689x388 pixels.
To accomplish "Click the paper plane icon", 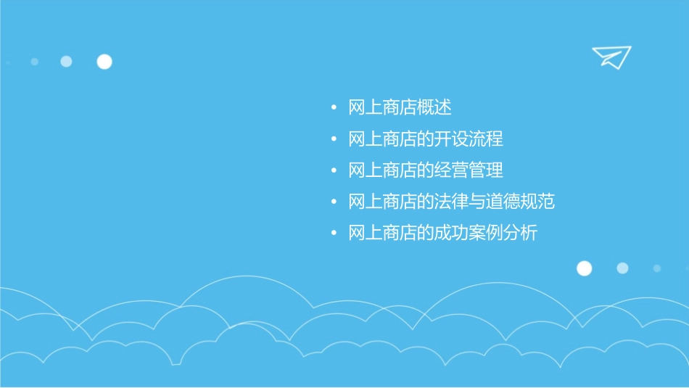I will (x=611, y=57).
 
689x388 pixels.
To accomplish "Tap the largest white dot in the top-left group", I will (x=104, y=62).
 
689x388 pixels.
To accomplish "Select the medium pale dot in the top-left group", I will (x=66, y=62).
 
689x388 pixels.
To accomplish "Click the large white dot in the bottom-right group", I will (x=584, y=268).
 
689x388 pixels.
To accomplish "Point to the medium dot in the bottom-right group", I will (x=622, y=268).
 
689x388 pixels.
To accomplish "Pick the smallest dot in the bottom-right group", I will (x=656, y=268).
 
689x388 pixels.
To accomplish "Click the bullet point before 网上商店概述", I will (x=334, y=108).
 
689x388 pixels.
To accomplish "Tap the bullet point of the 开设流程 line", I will (x=334, y=139).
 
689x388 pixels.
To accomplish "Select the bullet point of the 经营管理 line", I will (x=334, y=170).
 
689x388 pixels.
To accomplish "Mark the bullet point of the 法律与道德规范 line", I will (x=334, y=202).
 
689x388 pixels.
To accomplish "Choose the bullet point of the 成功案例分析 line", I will (x=334, y=234).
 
